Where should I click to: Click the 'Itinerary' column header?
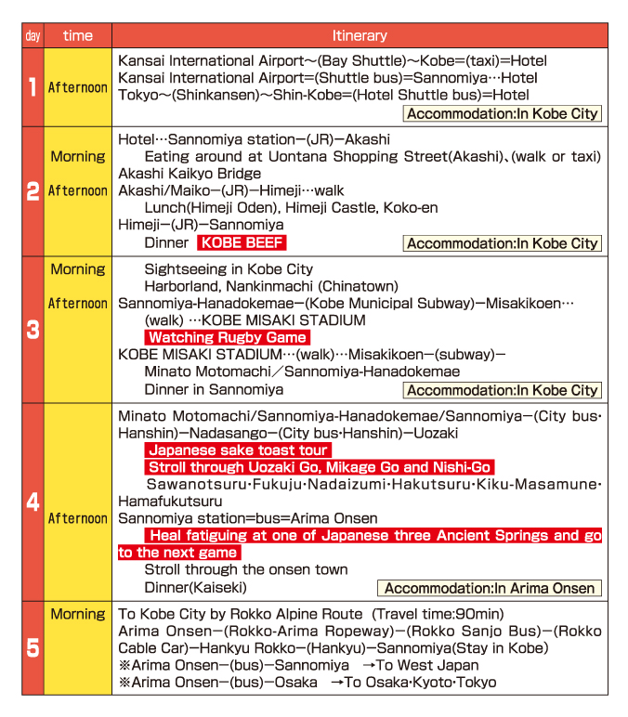[x=359, y=35]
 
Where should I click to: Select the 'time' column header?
[x=78, y=35]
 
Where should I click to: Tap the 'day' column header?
[x=33, y=35]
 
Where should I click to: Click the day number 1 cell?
[x=33, y=87]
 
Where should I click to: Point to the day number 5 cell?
[x=33, y=648]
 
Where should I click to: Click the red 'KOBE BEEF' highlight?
[x=242, y=242]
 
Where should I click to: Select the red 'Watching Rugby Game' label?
[x=227, y=337]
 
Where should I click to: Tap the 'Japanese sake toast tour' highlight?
[x=237, y=450]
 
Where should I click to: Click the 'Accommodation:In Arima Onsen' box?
[x=490, y=588]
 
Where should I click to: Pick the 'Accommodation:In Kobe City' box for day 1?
[x=503, y=113]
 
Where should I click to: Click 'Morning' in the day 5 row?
[x=78, y=614]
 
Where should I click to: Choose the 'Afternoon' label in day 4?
[x=78, y=518]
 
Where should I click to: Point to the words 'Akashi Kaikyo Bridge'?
[x=190, y=174]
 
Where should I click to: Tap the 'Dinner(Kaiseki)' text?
[x=195, y=587]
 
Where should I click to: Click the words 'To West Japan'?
[x=427, y=665]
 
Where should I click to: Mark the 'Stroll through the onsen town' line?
[x=246, y=569]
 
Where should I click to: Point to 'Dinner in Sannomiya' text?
[x=214, y=389]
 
